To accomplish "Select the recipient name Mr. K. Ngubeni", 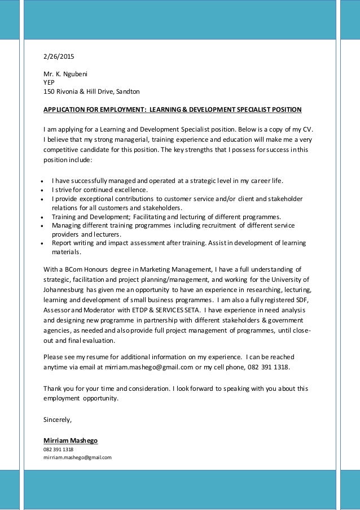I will pos(65,73).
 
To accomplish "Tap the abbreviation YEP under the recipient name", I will pos(50,82).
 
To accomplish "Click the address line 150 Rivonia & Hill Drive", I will pos(92,91).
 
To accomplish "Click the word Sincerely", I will pos(58,420).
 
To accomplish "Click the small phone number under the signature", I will pos(58,450).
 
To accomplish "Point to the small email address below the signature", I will pos(77,457).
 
